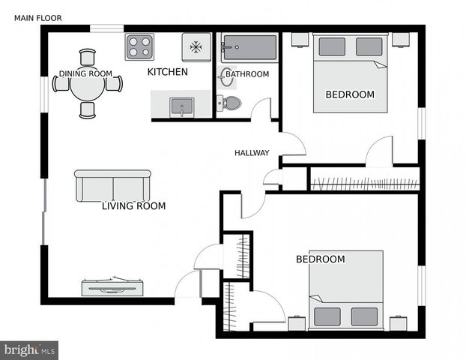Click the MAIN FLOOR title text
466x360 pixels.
[x=38, y=18]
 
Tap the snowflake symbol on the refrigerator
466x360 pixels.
[x=196, y=47]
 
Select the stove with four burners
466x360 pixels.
[x=139, y=47]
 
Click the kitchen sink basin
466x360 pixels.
[x=182, y=106]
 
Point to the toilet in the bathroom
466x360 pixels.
[x=229, y=103]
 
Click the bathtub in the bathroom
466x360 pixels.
[x=249, y=47]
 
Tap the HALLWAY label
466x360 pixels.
[x=252, y=153]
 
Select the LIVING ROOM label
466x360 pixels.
[x=134, y=206]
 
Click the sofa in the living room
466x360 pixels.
[x=112, y=186]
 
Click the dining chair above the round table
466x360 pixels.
[x=88, y=57]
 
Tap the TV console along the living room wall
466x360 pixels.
[x=112, y=286]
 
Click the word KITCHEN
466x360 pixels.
[x=168, y=72]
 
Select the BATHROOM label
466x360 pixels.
[x=247, y=74]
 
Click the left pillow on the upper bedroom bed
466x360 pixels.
[x=332, y=46]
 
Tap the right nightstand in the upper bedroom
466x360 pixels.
[x=401, y=40]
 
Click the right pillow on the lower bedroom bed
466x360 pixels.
[x=364, y=316]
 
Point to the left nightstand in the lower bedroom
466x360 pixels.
[x=297, y=322]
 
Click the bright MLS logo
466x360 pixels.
[x=29, y=350]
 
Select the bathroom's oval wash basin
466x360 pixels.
[x=225, y=77]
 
